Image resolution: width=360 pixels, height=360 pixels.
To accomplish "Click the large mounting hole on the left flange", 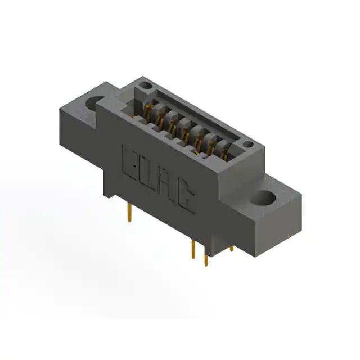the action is pos(92,103).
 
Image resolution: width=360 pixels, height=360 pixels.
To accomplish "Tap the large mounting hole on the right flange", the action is pos(263,198).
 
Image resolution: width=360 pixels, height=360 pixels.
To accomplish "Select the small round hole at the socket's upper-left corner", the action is pos(146,85).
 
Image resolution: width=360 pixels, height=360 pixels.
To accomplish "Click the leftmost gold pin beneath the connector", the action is pos(129,213).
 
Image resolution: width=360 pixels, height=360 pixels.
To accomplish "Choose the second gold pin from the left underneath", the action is pos(193,250).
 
